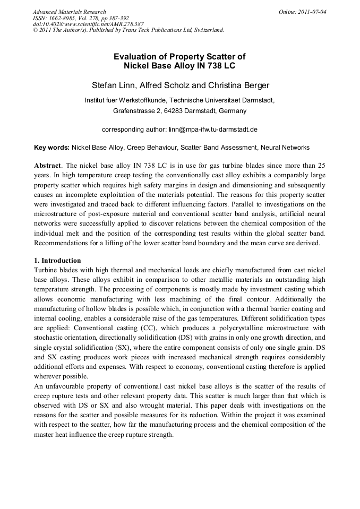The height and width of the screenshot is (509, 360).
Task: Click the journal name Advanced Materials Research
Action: pyautogui.click(x=69, y=12)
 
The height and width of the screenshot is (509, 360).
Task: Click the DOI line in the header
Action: pyautogui.click(x=88, y=24)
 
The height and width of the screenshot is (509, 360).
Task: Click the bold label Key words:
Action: pyautogui.click(x=52, y=147)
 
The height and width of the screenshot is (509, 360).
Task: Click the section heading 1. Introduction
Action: pyautogui.click(x=57, y=261)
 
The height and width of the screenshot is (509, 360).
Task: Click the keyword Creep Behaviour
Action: pyautogui.click(x=152, y=147)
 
